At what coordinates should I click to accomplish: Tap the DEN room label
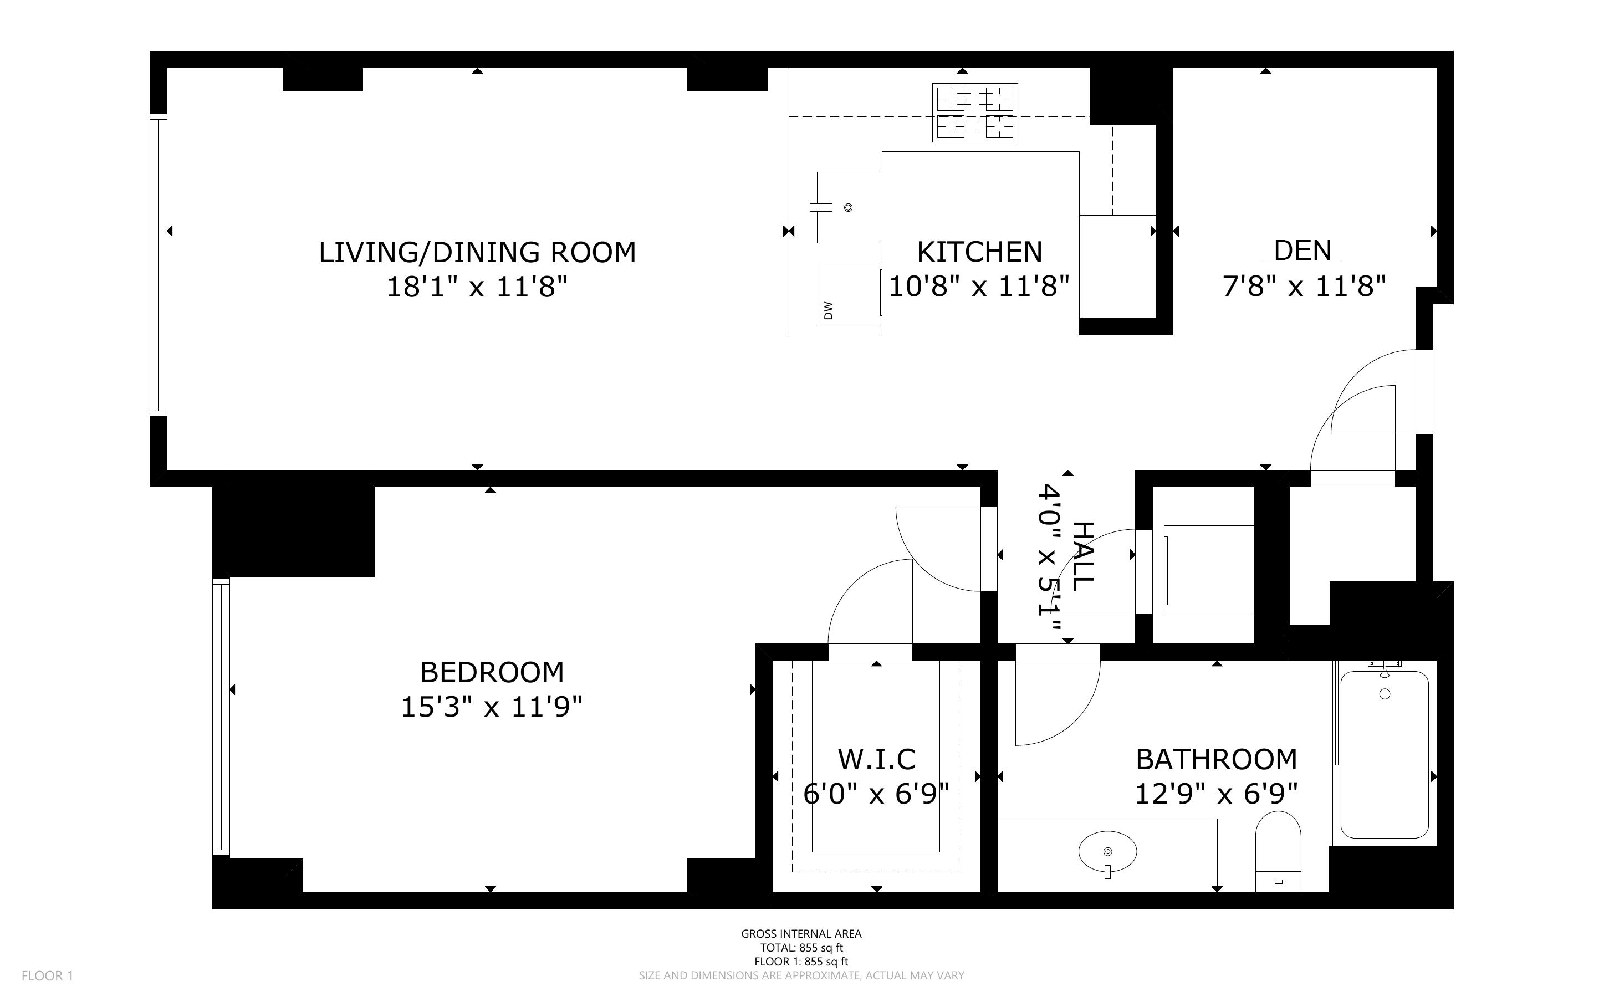point(1302,250)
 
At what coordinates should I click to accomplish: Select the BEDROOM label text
point(492,673)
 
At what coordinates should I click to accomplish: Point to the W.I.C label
point(876,759)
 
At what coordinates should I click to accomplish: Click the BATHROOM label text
point(1217,759)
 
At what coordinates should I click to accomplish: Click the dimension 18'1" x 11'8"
point(477,287)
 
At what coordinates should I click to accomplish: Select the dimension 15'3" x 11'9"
point(492,707)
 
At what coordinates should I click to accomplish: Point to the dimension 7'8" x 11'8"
point(1304,287)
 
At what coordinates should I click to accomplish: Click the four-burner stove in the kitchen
point(974,112)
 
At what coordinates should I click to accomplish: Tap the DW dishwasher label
point(828,310)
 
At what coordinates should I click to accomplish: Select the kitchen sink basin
point(848,207)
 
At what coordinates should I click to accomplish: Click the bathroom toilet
point(1278,852)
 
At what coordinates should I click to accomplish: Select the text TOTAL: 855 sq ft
point(801,948)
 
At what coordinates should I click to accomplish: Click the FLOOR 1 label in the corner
point(47,975)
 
